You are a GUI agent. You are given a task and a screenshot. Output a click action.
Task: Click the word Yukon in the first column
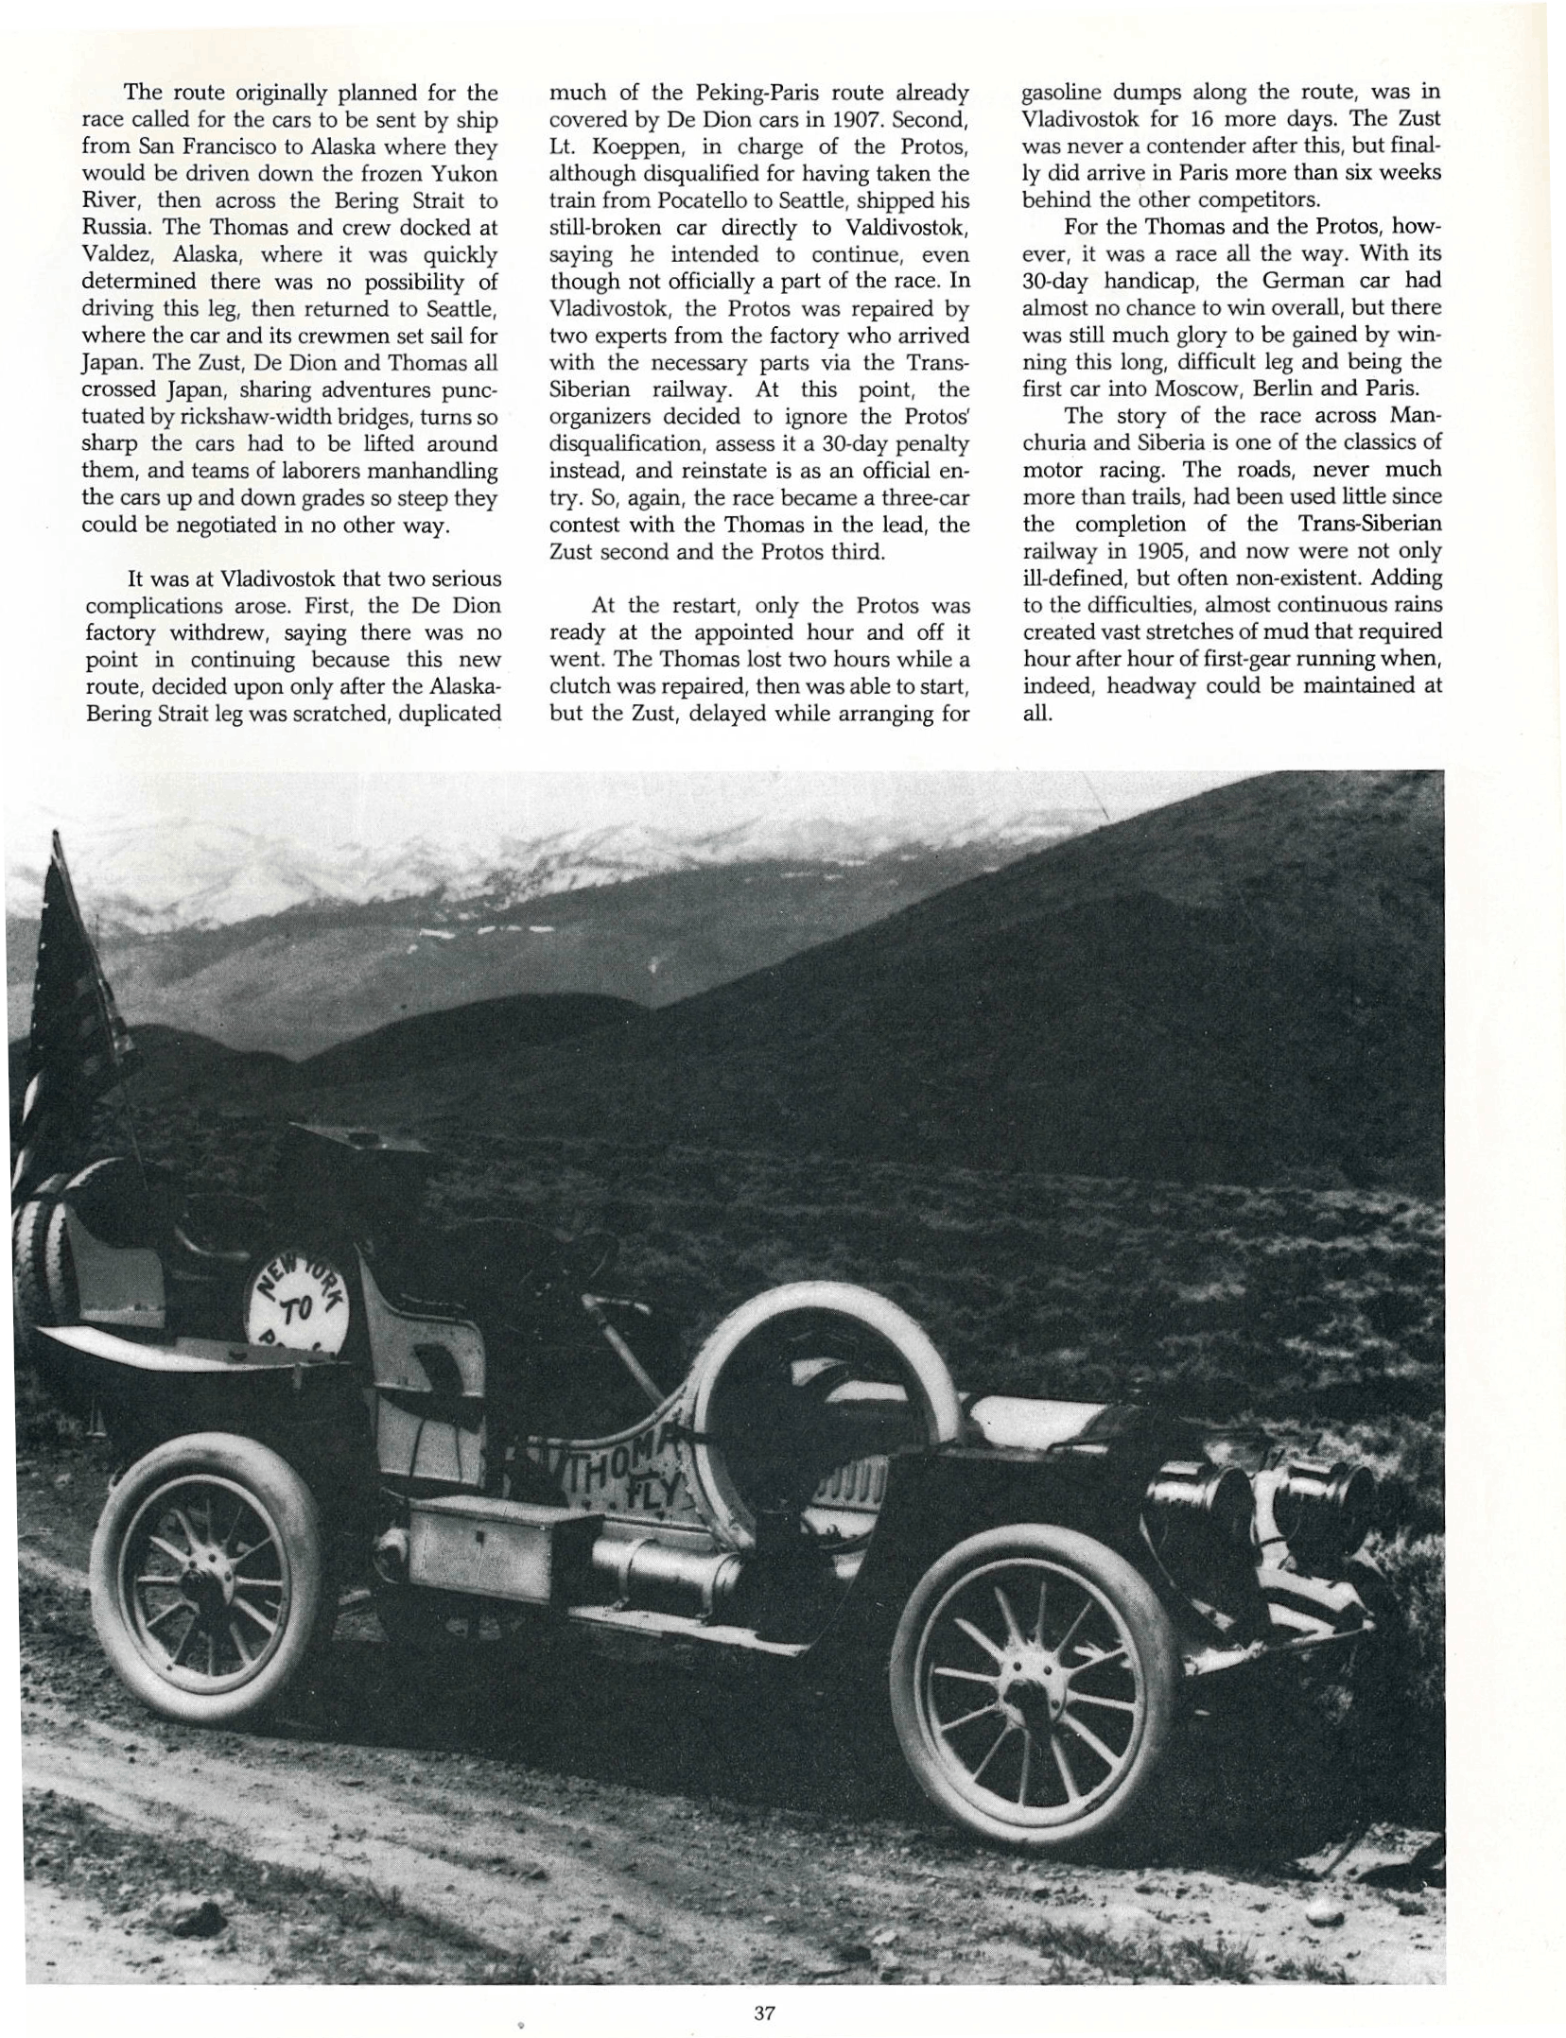[x=459, y=174]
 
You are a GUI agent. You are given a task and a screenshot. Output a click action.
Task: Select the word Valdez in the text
[x=112, y=255]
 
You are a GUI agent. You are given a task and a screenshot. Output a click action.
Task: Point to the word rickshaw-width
[x=244, y=417]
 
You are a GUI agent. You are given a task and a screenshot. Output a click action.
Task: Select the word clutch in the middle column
[x=578, y=686]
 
